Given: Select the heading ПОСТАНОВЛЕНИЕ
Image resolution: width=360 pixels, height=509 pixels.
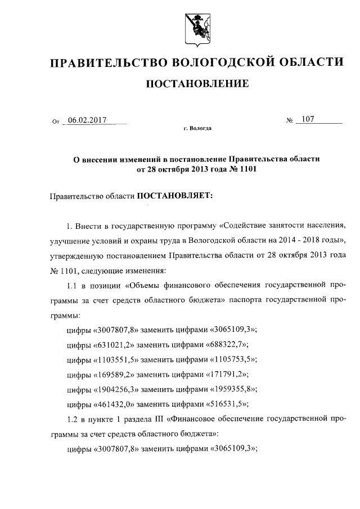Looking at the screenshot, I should (x=197, y=84).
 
